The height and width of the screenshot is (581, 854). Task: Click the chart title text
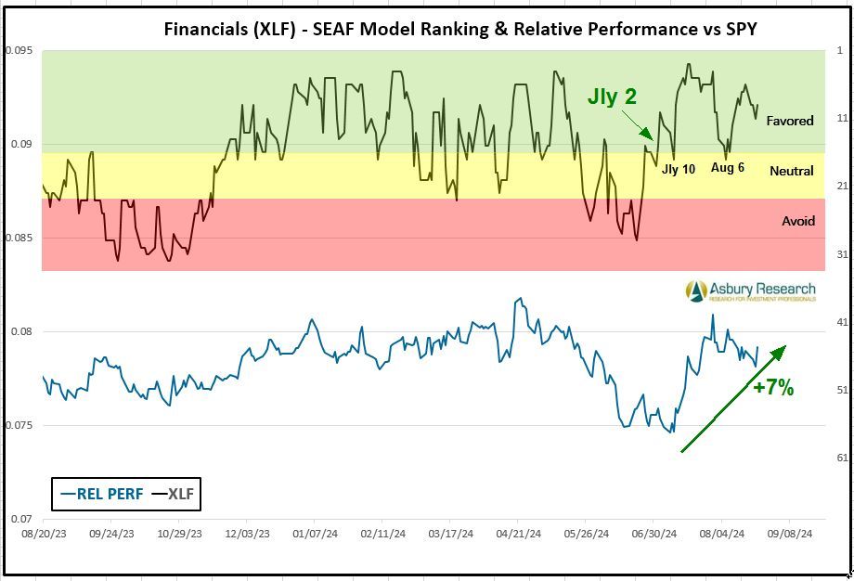pyautogui.click(x=459, y=29)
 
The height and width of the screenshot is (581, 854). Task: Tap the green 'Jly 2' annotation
pyautogui.click(x=612, y=97)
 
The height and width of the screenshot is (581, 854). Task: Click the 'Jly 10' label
pyautogui.click(x=678, y=169)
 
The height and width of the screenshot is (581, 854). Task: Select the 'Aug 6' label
pyautogui.click(x=728, y=168)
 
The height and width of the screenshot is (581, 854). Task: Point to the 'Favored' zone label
pyautogui.click(x=790, y=121)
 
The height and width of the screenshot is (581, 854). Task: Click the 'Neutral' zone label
pyautogui.click(x=792, y=171)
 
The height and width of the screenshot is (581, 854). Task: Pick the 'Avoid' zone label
pyautogui.click(x=798, y=221)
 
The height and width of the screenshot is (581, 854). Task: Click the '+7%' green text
pyautogui.click(x=773, y=388)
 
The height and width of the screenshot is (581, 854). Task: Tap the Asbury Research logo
pyautogui.click(x=751, y=291)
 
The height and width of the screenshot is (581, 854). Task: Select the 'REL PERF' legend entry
pyautogui.click(x=102, y=494)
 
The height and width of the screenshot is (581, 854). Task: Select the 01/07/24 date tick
pyautogui.click(x=314, y=535)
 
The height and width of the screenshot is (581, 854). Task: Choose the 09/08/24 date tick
pyautogui.click(x=790, y=535)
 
